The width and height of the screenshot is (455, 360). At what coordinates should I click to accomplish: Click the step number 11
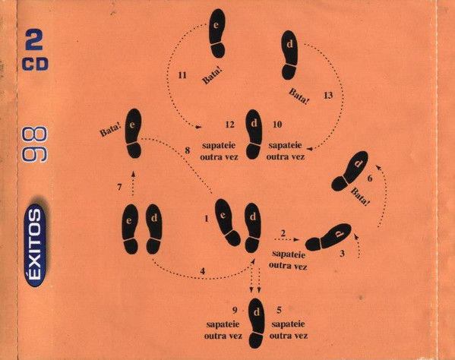[182, 75]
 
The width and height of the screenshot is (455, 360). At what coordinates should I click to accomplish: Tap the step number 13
[328, 96]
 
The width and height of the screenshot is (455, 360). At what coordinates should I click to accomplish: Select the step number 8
[188, 150]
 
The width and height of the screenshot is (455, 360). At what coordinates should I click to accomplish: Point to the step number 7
[119, 188]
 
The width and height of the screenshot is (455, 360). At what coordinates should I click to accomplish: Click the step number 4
[203, 271]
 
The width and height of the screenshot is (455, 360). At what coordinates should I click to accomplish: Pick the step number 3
[342, 254]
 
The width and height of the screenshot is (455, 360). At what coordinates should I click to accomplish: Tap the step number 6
[369, 178]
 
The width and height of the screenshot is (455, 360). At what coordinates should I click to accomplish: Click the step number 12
[229, 125]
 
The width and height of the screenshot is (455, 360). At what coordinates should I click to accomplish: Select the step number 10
[277, 125]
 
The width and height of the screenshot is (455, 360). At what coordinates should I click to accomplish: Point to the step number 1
[207, 219]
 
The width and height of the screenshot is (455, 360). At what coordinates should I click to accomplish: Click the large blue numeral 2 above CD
[34, 40]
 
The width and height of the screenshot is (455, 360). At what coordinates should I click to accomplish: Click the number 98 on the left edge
[34, 144]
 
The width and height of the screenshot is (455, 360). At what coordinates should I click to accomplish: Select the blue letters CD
[35, 64]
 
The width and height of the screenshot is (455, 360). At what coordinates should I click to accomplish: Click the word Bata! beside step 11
[212, 76]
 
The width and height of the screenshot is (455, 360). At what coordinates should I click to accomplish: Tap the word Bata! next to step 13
[299, 96]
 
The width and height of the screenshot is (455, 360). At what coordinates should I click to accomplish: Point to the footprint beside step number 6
[349, 171]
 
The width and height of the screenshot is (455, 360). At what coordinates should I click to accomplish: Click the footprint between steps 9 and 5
[257, 323]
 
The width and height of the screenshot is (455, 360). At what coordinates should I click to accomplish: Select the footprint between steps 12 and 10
[254, 134]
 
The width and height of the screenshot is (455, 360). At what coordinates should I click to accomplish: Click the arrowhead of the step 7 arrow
[133, 173]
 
